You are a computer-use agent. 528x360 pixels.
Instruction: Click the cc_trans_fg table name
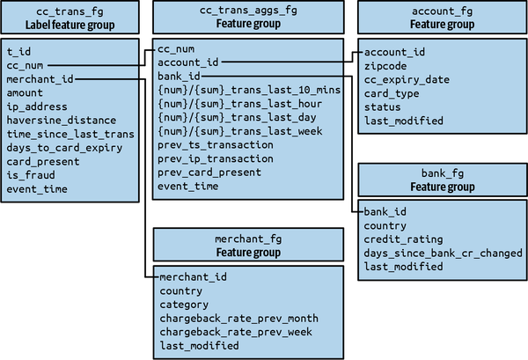[x=70, y=11]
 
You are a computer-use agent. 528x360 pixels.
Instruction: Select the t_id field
[x=18, y=52]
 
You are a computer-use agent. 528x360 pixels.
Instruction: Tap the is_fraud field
[x=31, y=175]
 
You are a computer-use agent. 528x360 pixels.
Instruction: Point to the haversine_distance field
[x=62, y=121]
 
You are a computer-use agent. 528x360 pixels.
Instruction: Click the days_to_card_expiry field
[x=64, y=148]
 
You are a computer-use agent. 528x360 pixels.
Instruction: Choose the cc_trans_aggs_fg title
[x=248, y=10]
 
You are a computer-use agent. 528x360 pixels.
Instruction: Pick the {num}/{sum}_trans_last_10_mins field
[x=249, y=90]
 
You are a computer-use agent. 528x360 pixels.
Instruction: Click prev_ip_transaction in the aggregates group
[x=216, y=158]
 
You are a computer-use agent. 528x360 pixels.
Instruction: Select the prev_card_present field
[x=209, y=173]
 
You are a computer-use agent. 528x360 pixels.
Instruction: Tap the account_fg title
[x=442, y=11]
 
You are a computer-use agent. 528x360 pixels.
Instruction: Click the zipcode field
[x=385, y=66]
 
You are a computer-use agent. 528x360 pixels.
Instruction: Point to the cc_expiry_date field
[x=407, y=80]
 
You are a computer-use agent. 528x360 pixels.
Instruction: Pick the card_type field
[x=392, y=93]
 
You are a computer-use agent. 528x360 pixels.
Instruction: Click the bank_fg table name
[x=443, y=173]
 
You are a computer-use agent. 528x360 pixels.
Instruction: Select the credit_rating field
[x=403, y=239]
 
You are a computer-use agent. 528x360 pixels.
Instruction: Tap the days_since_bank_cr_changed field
[x=444, y=253]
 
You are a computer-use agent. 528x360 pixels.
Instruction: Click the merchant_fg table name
[x=248, y=239]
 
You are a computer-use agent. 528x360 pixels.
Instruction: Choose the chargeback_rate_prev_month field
[x=239, y=319]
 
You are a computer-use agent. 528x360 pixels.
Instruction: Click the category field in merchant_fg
[x=184, y=305]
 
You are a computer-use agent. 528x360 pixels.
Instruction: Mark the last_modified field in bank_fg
[x=403, y=267]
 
